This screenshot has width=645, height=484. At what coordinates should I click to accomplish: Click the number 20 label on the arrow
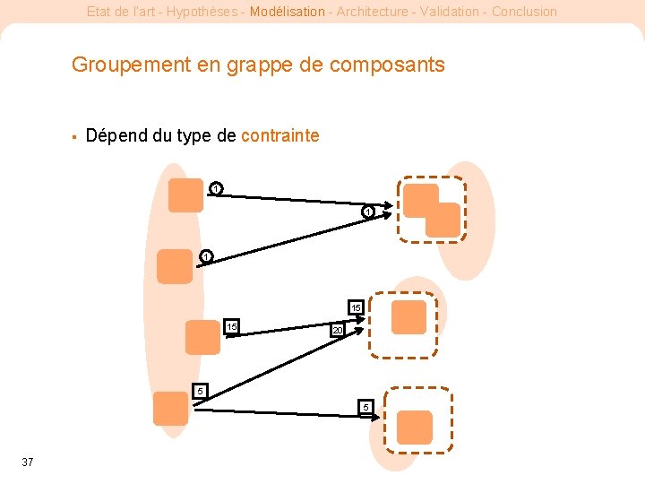(x=337, y=331)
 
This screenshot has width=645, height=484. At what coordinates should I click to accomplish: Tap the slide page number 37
(x=28, y=462)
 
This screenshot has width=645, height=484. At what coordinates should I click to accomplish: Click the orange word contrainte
(x=279, y=135)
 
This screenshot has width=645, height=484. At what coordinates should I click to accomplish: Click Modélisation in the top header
(x=288, y=12)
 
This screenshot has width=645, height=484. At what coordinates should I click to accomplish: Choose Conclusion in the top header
(x=524, y=12)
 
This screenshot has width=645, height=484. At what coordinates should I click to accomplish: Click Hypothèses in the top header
(x=202, y=12)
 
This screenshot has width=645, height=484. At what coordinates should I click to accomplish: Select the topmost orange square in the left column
(x=186, y=195)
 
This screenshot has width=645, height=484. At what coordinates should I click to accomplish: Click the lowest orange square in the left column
(x=170, y=408)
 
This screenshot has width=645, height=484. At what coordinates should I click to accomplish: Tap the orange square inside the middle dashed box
(x=409, y=317)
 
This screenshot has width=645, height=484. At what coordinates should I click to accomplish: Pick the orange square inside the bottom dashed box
(x=415, y=428)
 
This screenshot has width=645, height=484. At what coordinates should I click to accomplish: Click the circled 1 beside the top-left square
(x=216, y=188)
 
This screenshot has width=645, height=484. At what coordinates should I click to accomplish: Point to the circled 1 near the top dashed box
(x=368, y=212)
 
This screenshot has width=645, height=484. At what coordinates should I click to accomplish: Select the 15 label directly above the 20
(x=356, y=307)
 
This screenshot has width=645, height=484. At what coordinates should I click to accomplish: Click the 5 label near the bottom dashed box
(x=365, y=407)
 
